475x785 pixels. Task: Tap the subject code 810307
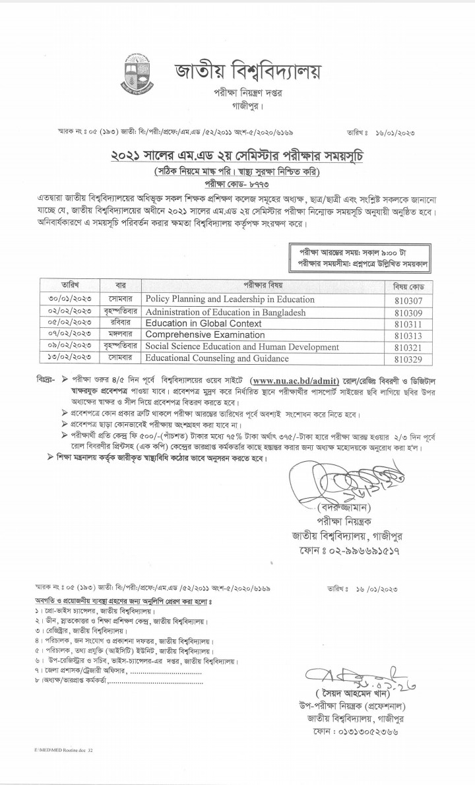point(407,299)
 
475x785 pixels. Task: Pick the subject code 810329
point(407,359)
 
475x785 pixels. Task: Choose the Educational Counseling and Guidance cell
point(217,358)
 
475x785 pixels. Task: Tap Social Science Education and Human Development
point(242,346)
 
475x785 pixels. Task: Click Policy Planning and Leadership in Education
point(230,299)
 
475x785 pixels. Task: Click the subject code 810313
point(407,335)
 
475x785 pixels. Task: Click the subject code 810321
point(407,347)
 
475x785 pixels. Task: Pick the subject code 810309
point(407,311)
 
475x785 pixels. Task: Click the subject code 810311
point(407,323)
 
